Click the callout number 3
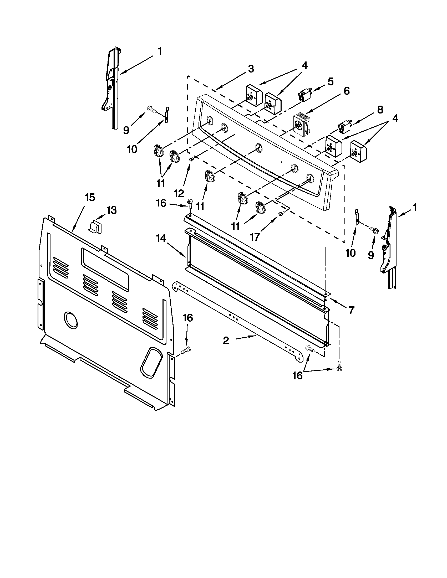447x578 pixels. (x=251, y=69)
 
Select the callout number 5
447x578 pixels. (x=331, y=81)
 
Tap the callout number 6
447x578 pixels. (x=346, y=91)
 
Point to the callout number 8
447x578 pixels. (x=380, y=110)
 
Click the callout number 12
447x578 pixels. (x=179, y=194)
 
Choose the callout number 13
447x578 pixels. (x=111, y=211)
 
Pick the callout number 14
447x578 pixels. (x=160, y=239)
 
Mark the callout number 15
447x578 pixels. (x=89, y=197)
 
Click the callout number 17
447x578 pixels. (x=254, y=237)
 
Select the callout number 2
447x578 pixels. (x=226, y=340)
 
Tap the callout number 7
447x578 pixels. (x=351, y=310)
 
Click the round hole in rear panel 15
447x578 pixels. (x=71, y=320)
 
